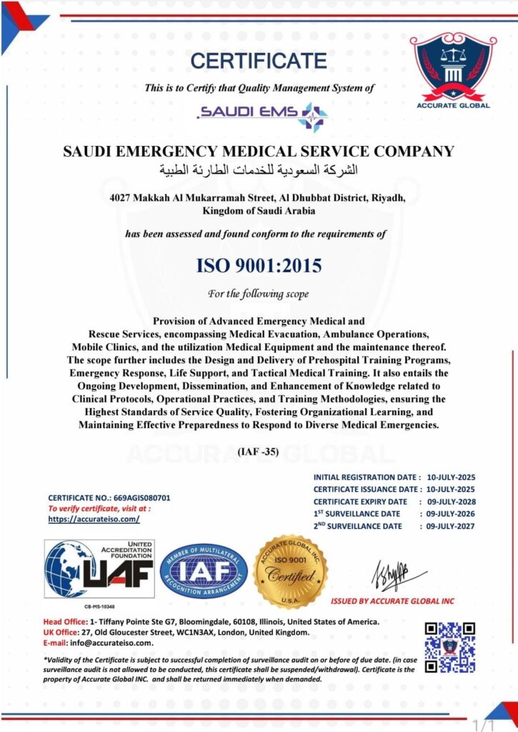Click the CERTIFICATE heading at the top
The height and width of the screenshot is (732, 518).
pos(259,60)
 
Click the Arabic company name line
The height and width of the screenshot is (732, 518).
pos(259,170)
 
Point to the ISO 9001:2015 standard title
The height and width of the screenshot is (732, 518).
pos(259,266)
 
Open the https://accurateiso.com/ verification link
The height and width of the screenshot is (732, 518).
pos(94,519)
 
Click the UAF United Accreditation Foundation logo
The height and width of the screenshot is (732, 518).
pos(100,569)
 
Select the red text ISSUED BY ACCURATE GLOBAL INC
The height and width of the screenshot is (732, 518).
pos(392,601)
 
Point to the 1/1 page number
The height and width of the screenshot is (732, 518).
pos(484,723)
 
